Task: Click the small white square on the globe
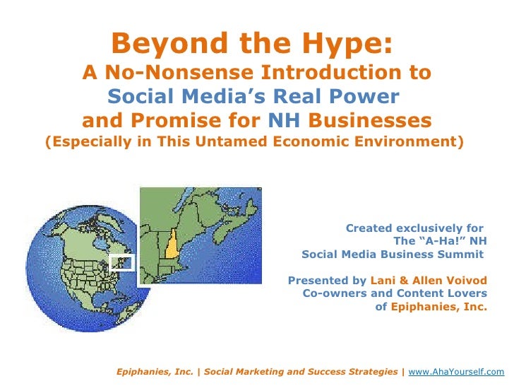pos(122,262)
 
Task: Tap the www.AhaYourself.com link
pos(457,371)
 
